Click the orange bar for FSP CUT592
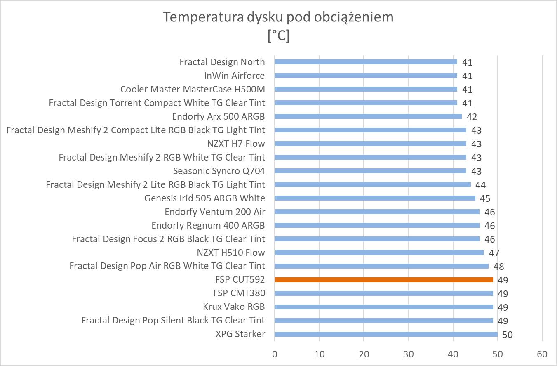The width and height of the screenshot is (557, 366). [x=383, y=280]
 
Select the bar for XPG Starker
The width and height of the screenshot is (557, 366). [x=386, y=334]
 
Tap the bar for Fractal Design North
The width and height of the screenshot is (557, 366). [x=366, y=62]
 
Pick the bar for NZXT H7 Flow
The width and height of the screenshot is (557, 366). [x=370, y=144]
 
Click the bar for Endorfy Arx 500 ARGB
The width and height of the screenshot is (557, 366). [x=368, y=116]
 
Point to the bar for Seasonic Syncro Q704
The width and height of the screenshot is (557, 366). [x=370, y=171]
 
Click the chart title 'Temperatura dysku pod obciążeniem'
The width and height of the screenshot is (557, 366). [x=278, y=17]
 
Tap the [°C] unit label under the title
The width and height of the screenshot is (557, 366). [x=278, y=35]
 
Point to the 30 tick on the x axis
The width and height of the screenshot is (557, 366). [x=409, y=354]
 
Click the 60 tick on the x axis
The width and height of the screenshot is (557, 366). [x=542, y=354]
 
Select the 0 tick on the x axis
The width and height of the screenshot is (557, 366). [x=275, y=354]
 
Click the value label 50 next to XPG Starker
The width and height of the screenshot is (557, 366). [x=507, y=335]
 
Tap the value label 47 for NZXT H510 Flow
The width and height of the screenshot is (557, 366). [x=494, y=253]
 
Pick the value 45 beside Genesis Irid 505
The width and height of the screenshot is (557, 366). [x=485, y=198]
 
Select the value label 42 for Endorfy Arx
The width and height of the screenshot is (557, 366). [x=472, y=117]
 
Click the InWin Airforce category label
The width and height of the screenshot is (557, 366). [x=234, y=76]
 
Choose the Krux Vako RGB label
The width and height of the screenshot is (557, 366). [x=234, y=307]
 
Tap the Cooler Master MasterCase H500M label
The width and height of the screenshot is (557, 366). [x=193, y=89]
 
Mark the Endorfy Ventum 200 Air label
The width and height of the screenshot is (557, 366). [x=214, y=212]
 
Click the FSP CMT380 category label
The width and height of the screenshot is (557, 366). [x=239, y=293]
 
